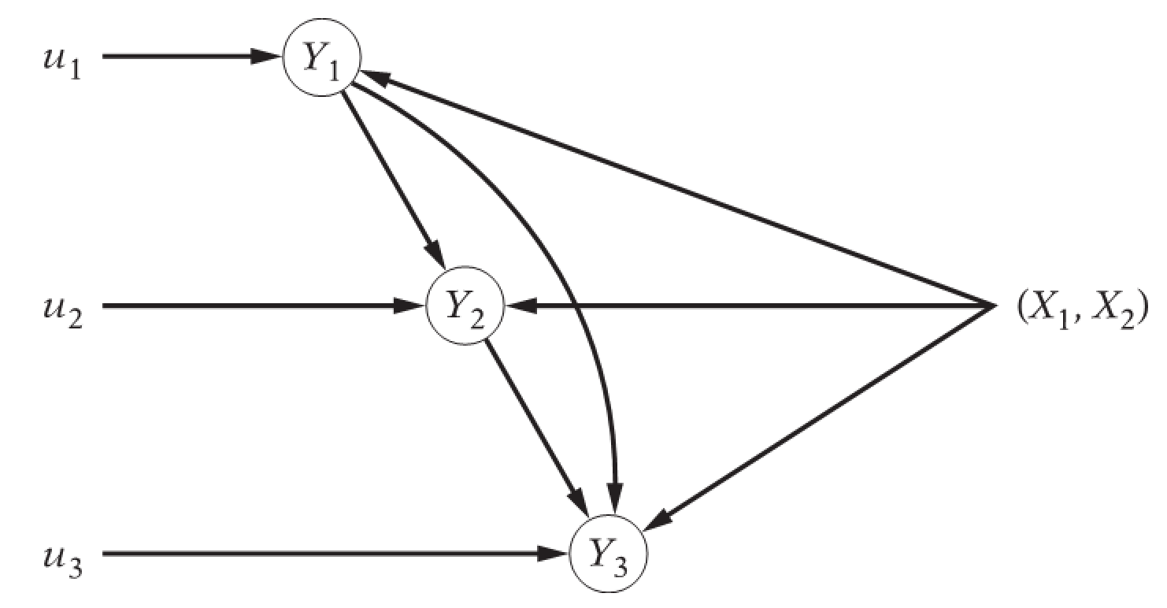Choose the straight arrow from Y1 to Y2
point(391,181)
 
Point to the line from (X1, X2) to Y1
point(677,190)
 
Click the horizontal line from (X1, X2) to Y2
point(748,305)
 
